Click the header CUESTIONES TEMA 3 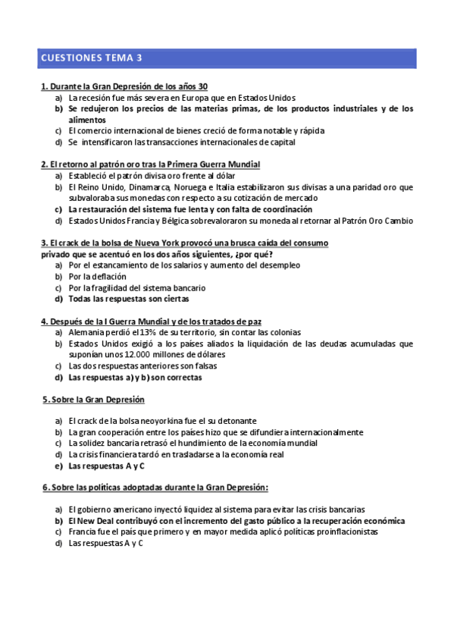click(91, 58)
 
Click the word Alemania click(87, 332)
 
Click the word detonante click(233, 421)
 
